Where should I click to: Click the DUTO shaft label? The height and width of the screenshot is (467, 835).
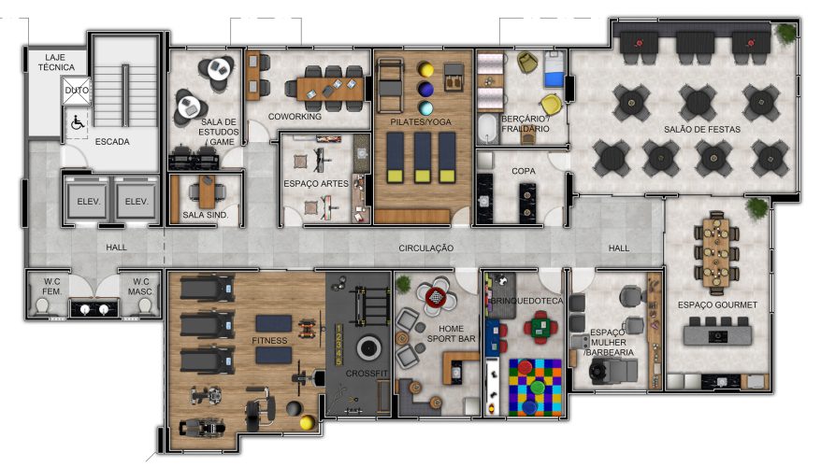(x=77, y=91)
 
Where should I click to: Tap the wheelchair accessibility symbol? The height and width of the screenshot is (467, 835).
(x=78, y=123)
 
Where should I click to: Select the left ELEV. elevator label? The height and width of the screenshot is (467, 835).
(x=89, y=202)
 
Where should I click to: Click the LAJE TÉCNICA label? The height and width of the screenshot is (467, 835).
(x=56, y=63)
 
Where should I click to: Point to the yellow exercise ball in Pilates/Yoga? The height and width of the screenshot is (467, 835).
(x=425, y=70)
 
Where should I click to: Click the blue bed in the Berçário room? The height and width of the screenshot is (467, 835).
(x=554, y=70)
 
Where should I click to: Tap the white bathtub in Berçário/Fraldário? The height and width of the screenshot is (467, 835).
(x=487, y=129)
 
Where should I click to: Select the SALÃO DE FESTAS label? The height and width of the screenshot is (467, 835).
(x=702, y=129)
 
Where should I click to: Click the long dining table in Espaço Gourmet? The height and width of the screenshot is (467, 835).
(x=716, y=252)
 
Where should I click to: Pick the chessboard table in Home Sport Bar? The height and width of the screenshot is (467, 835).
(x=436, y=297)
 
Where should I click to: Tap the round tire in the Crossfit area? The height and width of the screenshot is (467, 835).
(x=368, y=348)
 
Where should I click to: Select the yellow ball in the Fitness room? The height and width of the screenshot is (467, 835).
(x=306, y=423)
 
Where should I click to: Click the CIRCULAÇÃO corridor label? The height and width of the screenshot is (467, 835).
(x=426, y=248)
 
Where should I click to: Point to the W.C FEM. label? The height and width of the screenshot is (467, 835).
(x=52, y=286)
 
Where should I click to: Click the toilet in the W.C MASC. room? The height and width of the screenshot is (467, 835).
(x=144, y=305)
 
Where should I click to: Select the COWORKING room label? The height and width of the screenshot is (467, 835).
(x=295, y=117)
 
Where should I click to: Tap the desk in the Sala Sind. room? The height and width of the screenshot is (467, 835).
(x=207, y=191)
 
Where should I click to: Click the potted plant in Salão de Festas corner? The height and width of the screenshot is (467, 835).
(x=785, y=33)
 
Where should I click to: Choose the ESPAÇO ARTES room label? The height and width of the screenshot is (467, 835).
(x=316, y=183)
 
